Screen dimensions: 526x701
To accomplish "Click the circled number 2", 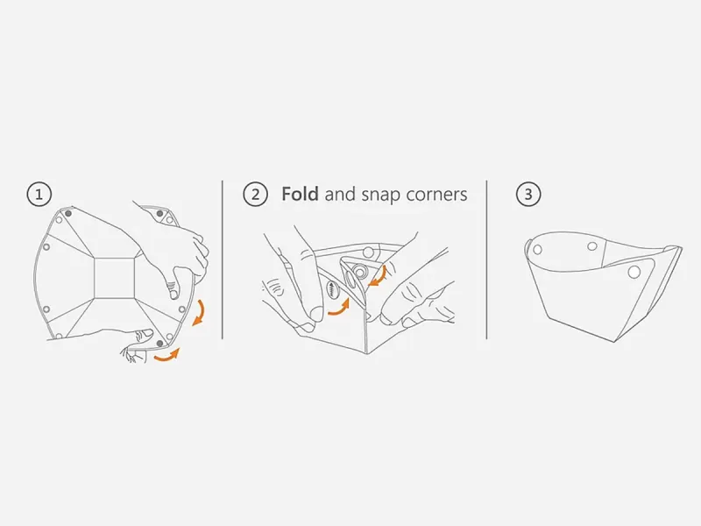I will coord(255,195).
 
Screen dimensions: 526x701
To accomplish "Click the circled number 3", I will coord(527,195).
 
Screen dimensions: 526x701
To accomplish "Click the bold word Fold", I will coord(300,195).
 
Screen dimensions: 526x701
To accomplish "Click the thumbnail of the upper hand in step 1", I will coord(173,279).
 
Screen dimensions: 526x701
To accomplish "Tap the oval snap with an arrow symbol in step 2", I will coord(333,289).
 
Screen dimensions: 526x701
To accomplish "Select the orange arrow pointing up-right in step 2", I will coord(338,307).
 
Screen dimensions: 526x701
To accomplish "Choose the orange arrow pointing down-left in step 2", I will coord(379,277).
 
